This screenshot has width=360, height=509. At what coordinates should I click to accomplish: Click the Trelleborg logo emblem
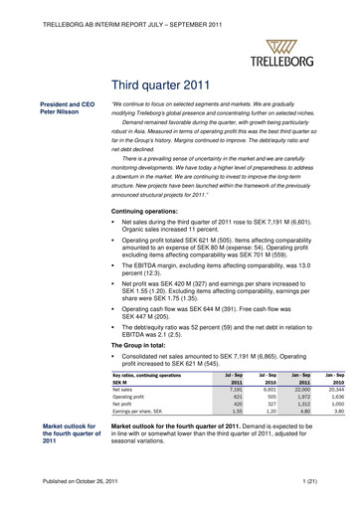coord(286,46)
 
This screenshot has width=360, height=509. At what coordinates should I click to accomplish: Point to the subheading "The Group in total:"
coord(145,315)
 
